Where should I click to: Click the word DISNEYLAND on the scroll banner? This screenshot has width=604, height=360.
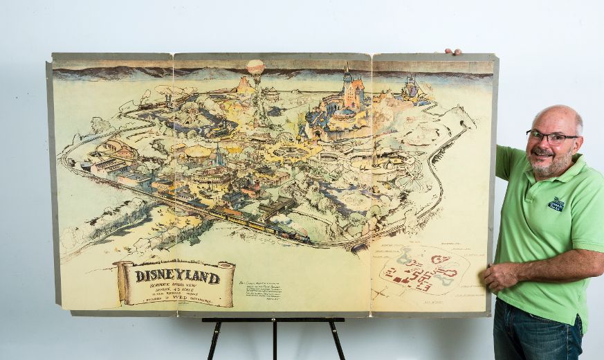coord(177,276)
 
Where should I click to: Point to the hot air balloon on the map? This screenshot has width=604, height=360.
coord(255,67)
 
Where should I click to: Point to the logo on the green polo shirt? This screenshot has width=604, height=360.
coord(556,204)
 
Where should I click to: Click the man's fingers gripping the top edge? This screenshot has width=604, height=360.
coord(452,51)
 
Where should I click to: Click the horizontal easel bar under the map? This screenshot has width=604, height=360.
coord(273,320)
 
